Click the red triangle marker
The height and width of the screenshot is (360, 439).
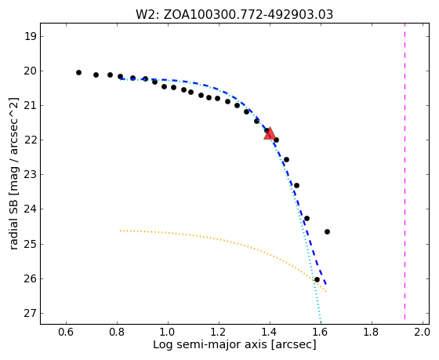[x=270, y=133]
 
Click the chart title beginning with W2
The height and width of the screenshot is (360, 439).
[x=234, y=15]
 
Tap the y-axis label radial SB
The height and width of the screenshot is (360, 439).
[x=14, y=173]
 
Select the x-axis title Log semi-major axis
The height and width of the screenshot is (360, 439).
[x=234, y=344]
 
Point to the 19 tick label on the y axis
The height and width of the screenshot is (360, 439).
[x=30, y=36]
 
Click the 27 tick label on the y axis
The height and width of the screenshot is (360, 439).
[x=30, y=313]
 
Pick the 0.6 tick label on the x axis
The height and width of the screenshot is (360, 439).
[x=66, y=332]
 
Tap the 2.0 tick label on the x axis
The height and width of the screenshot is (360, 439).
[x=422, y=332]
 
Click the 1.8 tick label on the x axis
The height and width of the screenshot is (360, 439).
[x=371, y=332]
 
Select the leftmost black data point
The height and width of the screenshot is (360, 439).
[x=78, y=73]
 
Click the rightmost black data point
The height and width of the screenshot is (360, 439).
[x=327, y=231]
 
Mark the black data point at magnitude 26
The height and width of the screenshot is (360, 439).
[x=317, y=279]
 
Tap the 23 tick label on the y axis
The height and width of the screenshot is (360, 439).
[x=30, y=175]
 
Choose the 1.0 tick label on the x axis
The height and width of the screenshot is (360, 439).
[x=168, y=332]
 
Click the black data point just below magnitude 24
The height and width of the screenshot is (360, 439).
[x=307, y=218]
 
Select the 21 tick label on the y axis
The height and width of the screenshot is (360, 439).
[x=30, y=106]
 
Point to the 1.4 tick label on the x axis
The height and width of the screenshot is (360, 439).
[x=270, y=332]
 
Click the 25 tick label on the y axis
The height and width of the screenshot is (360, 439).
[x=30, y=244]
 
